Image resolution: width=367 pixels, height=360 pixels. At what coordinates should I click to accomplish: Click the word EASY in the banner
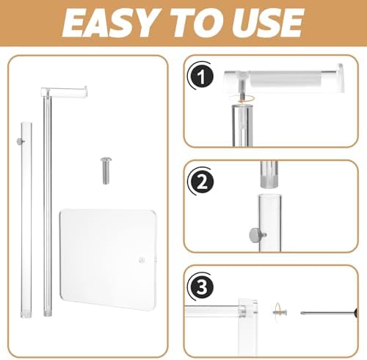point(109,23)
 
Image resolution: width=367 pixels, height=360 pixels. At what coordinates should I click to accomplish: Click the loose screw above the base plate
point(106,170)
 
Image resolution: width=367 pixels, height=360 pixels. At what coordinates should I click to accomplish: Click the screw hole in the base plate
point(142,260)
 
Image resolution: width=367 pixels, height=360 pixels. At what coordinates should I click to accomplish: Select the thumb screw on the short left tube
point(20,141)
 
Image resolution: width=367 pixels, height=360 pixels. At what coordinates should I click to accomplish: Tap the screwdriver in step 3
point(329,312)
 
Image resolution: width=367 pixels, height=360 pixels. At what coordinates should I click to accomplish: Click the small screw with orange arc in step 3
point(280,312)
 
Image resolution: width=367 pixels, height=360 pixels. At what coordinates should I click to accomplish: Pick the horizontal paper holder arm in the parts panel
point(64,91)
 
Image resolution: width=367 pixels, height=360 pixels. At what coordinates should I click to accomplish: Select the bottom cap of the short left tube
point(26,314)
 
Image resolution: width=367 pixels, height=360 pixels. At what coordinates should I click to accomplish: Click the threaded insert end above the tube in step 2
point(269,174)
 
